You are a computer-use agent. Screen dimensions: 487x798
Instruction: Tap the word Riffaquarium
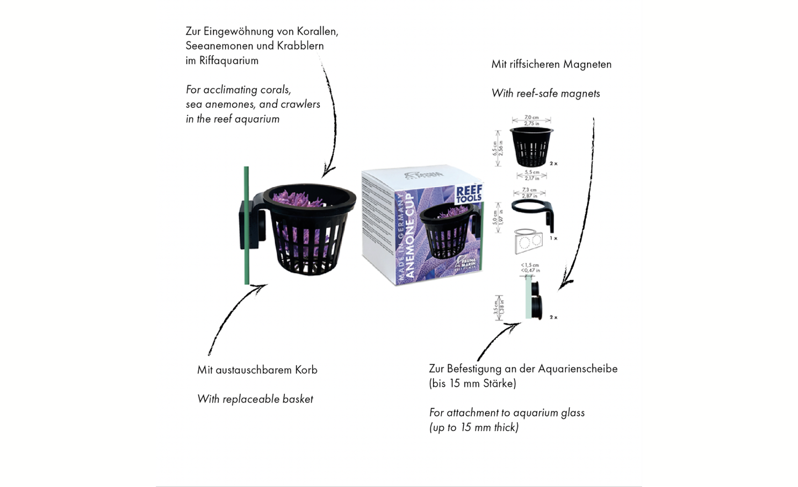click(229, 61)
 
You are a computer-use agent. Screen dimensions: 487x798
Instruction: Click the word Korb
click(306, 370)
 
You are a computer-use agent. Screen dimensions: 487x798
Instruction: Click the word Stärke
click(499, 384)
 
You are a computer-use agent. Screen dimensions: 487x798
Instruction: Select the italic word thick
click(504, 427)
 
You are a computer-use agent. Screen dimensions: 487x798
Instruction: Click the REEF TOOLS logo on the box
click(468, 194)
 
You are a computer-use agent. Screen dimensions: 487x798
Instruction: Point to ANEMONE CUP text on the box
click(410, 235)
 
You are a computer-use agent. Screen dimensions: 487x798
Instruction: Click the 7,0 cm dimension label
click(531, 117)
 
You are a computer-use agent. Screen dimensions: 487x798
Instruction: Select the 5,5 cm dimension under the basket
click(532, 172)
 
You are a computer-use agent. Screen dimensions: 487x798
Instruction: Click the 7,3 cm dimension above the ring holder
click(529, 190)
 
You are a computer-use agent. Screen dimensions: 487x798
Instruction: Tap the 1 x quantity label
click(553, 238)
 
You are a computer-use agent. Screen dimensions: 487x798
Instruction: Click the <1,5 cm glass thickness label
click(530, 265)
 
